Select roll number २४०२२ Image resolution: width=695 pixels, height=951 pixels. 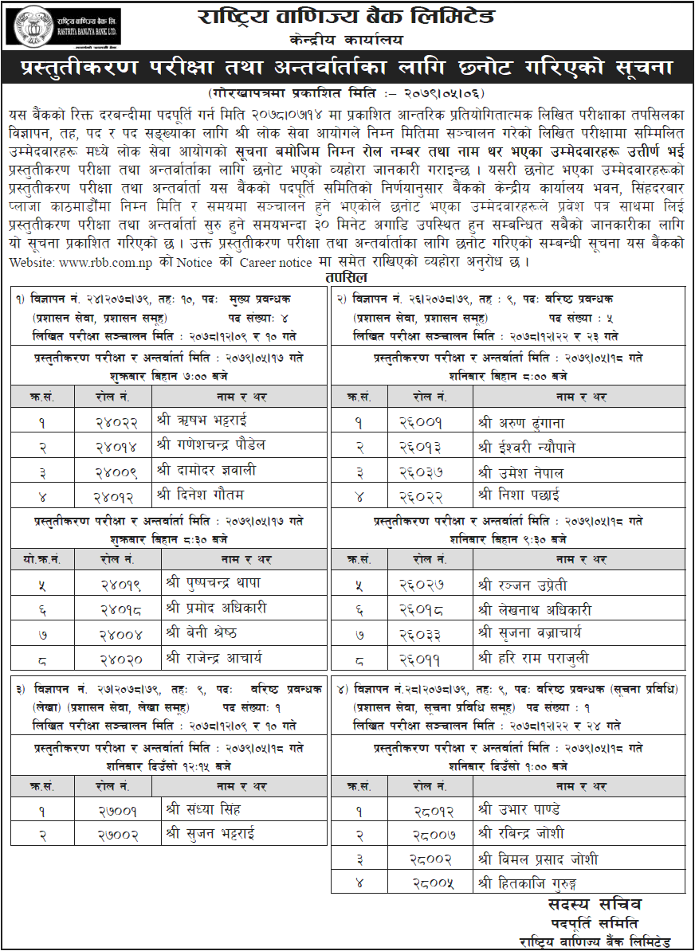116,420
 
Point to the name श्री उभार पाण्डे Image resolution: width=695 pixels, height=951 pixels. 519,810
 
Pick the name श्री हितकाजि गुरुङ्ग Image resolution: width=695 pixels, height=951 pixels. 530,883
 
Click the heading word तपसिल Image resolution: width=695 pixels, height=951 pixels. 346,277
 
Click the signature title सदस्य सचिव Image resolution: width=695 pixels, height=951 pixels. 595,905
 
